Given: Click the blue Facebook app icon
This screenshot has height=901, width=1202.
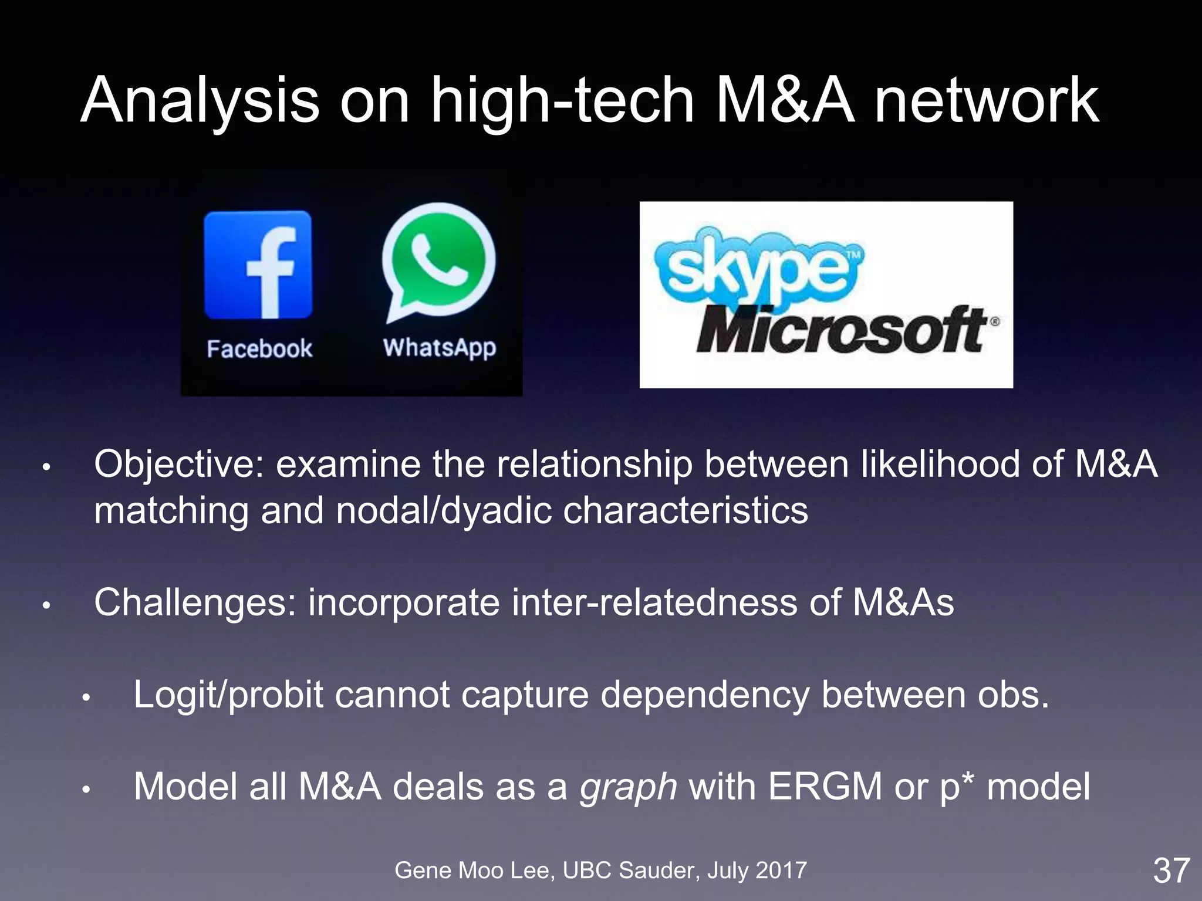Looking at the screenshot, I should point(258,265).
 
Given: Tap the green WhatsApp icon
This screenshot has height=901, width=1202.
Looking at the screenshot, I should point(438,262).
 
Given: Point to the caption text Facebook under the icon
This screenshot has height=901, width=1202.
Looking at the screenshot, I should point(259,349).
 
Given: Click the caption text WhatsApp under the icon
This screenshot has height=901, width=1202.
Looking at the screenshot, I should point(440,348).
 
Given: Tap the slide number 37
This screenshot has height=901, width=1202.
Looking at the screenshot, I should point(1171,870).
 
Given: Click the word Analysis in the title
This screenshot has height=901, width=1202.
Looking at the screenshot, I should point(200,101).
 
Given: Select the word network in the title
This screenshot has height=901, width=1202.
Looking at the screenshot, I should point(986,101).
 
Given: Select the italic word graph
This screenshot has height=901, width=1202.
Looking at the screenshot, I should point(628,787).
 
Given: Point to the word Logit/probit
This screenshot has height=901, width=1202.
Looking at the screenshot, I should point(228,695).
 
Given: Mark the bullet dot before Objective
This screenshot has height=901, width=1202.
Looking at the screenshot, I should point(46,468).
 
